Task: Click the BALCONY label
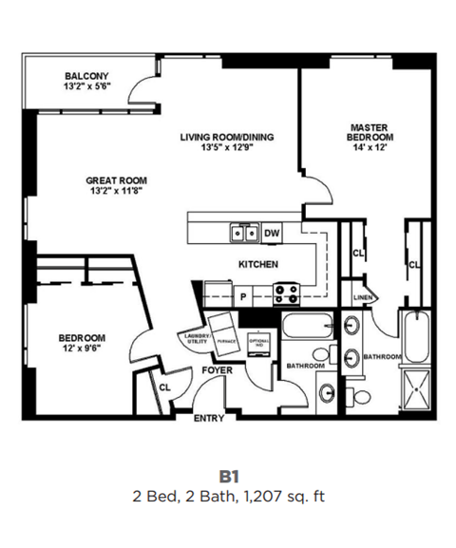(x=86, y=76)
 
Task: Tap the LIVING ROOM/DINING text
(x=226, y=137)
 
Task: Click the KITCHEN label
(x=256, y=265)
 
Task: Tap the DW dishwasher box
(x=272, y=233)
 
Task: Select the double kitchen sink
(x=243, y=233)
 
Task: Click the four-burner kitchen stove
(x=287, y=293)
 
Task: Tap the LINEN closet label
(x=361, y=297)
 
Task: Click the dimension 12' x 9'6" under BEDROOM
(x=82, y=349)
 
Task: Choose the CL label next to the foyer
(x=164, y=387)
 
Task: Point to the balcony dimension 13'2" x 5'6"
(x=86, y=87)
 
